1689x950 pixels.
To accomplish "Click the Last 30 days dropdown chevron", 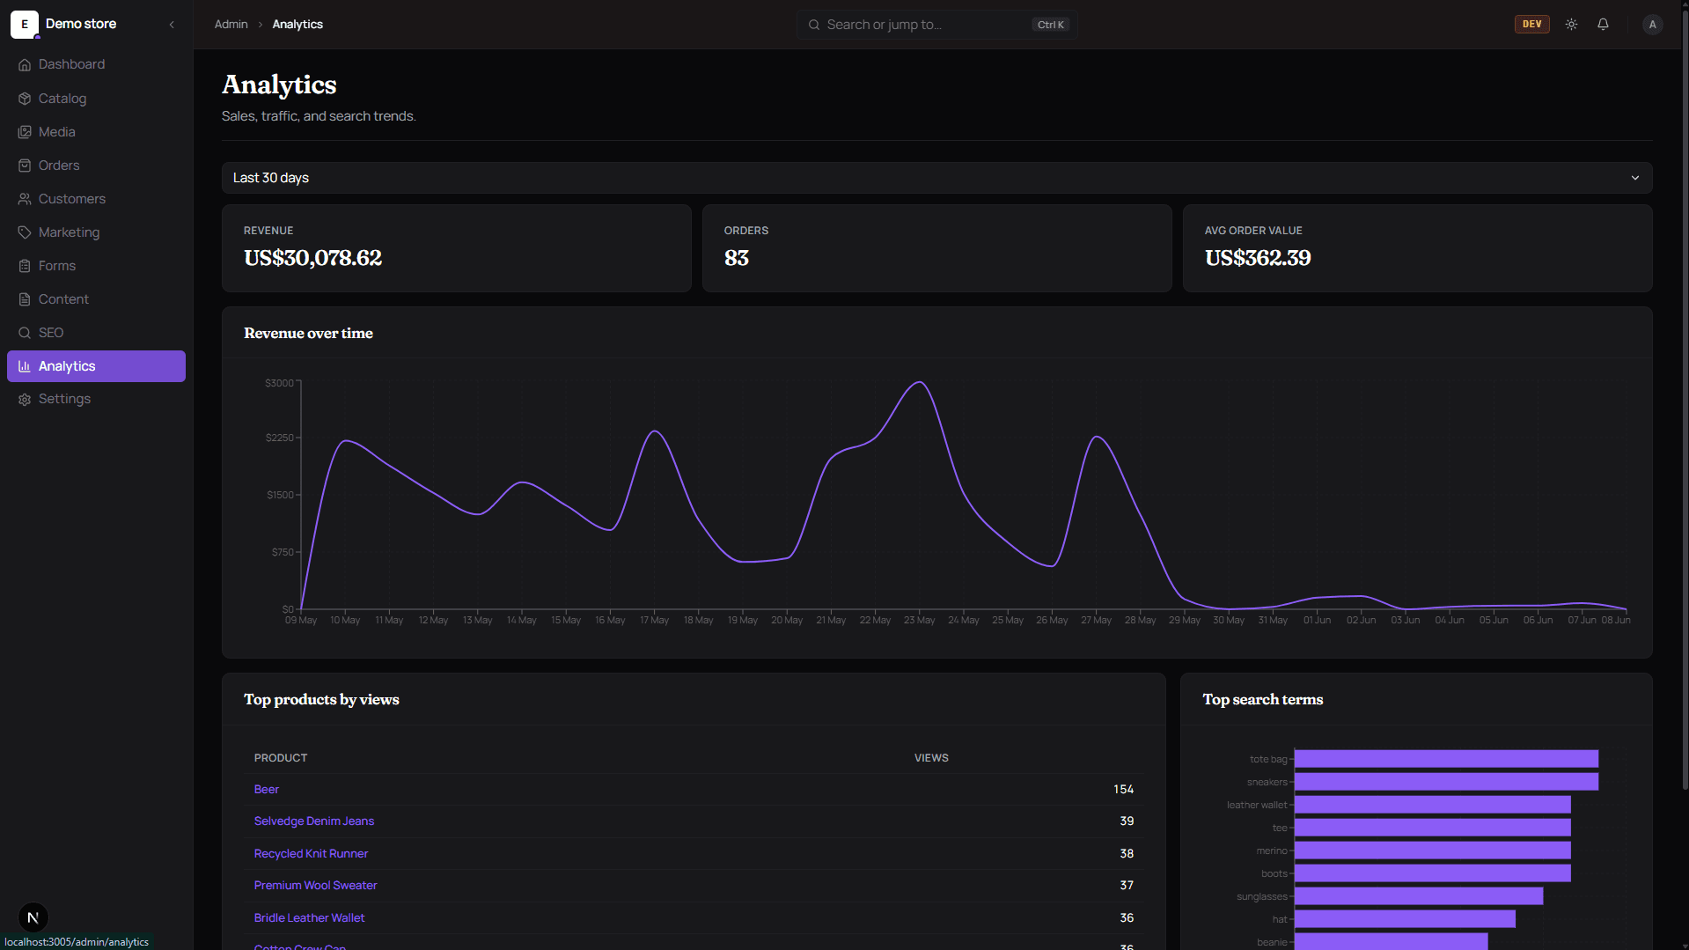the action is (1634, 178).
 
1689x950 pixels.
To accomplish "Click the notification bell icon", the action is (1603, 25).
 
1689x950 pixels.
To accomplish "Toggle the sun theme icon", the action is (1571, 25).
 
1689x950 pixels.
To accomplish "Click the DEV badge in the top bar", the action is (1531, 25).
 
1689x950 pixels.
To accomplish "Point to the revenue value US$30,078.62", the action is (312, 258).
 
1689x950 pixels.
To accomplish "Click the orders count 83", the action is (736, 258).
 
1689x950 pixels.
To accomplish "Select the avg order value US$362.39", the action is (1257, 258).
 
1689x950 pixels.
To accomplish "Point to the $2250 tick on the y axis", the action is (280, 438).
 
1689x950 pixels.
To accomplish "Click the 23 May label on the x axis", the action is (919, 621).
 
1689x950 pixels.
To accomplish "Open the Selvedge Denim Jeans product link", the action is (314, 821).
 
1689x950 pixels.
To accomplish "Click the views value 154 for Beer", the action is (1123, 790).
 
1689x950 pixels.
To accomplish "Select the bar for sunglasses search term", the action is (1419, 896).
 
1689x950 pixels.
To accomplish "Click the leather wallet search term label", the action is (1257, 805).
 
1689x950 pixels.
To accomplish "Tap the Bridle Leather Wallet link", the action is (309, 917).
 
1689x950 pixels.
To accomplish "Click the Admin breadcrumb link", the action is (231, 25).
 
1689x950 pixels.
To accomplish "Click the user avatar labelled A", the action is (1652, 25).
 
